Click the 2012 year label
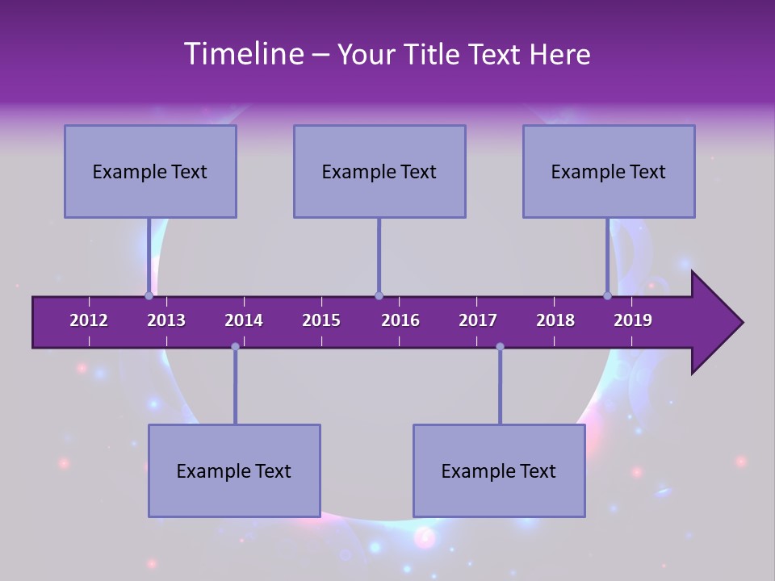coord(89,320)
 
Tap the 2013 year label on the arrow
coord(166,320)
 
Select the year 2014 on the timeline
coord(244,320)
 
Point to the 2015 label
coord(321,320)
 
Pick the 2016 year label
coord(400,320)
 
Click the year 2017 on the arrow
coord(478,320)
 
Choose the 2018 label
coord(555,320)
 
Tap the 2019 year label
coord(633,320)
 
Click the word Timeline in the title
coord(243,54)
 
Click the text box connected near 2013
coord(150,171)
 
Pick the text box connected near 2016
coord(379,171)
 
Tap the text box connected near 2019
coord(609,171)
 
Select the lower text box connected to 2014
coord(234,470)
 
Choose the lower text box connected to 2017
coord(499,470)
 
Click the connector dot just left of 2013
coord(149,295)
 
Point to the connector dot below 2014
coord(235,346)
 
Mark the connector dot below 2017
coord(500,346)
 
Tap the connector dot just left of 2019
coord(608,295)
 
